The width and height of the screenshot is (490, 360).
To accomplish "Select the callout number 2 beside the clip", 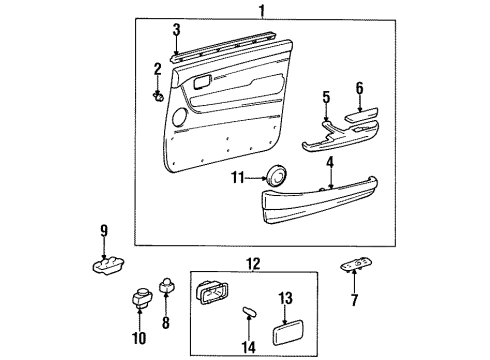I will click(156, 68).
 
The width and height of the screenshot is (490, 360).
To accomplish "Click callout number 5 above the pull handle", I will click(325, 97).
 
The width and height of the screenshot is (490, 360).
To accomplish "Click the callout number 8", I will click(166, 323).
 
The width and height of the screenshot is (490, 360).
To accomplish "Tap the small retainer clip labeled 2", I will click(159, 95).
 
